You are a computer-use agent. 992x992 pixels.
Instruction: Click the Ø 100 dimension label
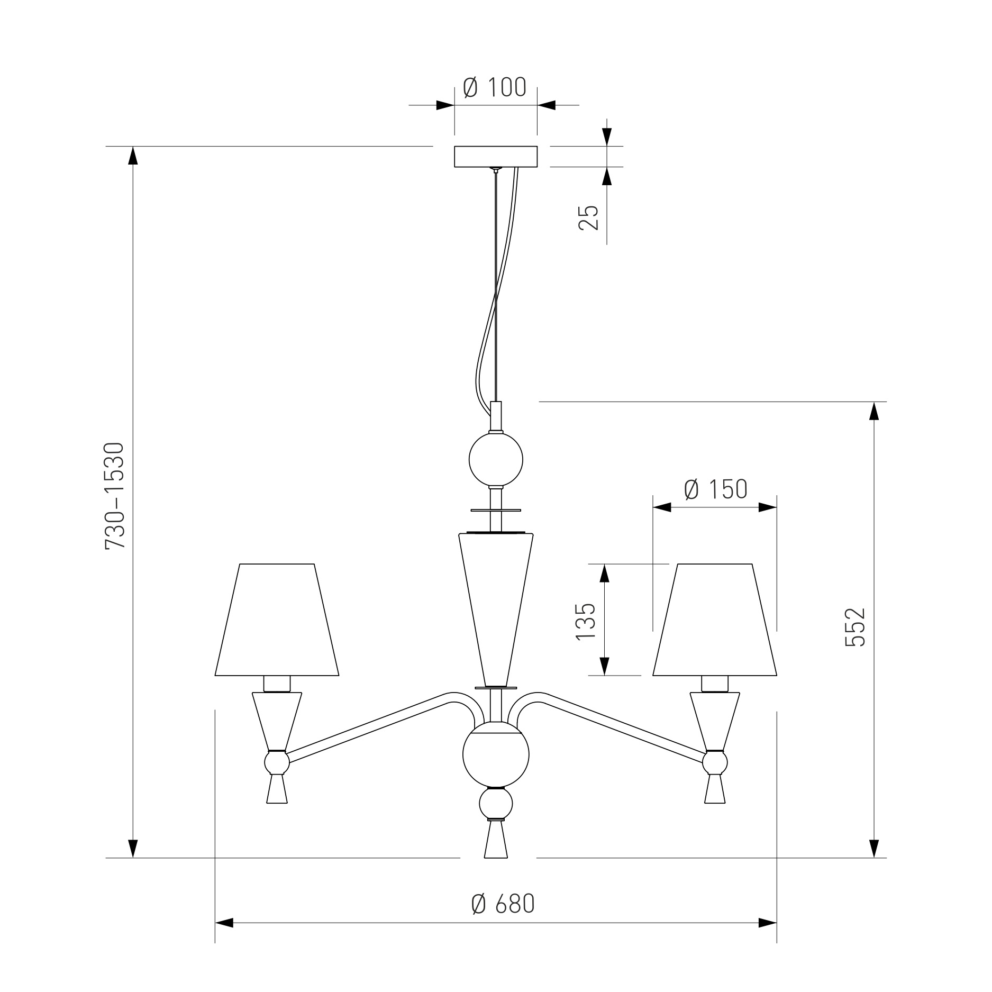[495, 87]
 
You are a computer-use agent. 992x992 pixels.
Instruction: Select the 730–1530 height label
[115, 496]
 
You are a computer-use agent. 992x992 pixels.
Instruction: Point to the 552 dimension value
[855, 627]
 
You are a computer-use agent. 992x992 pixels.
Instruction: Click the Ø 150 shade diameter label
[715, 489]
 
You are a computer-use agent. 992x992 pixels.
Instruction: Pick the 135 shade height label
[586, 621]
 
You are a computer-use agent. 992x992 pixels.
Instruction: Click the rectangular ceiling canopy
[496, 157]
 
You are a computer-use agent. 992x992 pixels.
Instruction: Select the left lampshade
[277, 620]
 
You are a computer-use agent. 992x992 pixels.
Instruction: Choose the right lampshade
[715, 620]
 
